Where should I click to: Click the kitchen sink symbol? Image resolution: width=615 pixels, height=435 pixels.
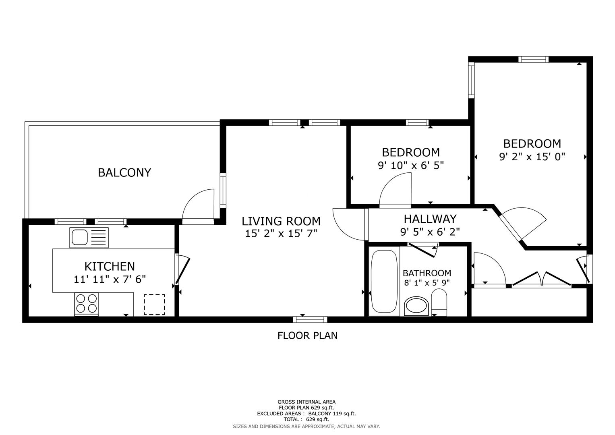(89, 238)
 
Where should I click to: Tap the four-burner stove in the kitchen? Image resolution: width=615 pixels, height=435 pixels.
(86, 304)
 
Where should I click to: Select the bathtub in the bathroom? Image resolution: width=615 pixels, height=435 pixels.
(384, 282)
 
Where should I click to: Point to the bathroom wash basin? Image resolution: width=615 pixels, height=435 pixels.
(417, 306)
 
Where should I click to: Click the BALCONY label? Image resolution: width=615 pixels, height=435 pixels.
(124, 172)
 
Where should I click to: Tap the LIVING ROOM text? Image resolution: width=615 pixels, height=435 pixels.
(281, 221)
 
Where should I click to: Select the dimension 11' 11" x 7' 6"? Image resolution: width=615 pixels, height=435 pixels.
(110, 279)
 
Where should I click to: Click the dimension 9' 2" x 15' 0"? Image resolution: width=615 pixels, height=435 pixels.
(532, 157)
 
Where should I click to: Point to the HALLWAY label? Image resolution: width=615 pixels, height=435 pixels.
(430, 219)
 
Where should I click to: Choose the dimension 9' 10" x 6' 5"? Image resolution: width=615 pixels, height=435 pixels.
(411, 165)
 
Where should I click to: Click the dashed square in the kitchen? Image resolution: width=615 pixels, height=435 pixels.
(155, 304)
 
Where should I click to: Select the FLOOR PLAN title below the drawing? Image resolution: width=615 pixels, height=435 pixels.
(307, 335)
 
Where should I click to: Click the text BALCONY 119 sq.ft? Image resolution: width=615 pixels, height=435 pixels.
(332, 414)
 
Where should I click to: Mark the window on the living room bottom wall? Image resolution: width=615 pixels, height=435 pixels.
(310, 319)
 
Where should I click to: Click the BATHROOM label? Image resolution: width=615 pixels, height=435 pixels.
(427, 273)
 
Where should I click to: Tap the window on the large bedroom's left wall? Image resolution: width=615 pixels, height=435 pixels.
(471, 80)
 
